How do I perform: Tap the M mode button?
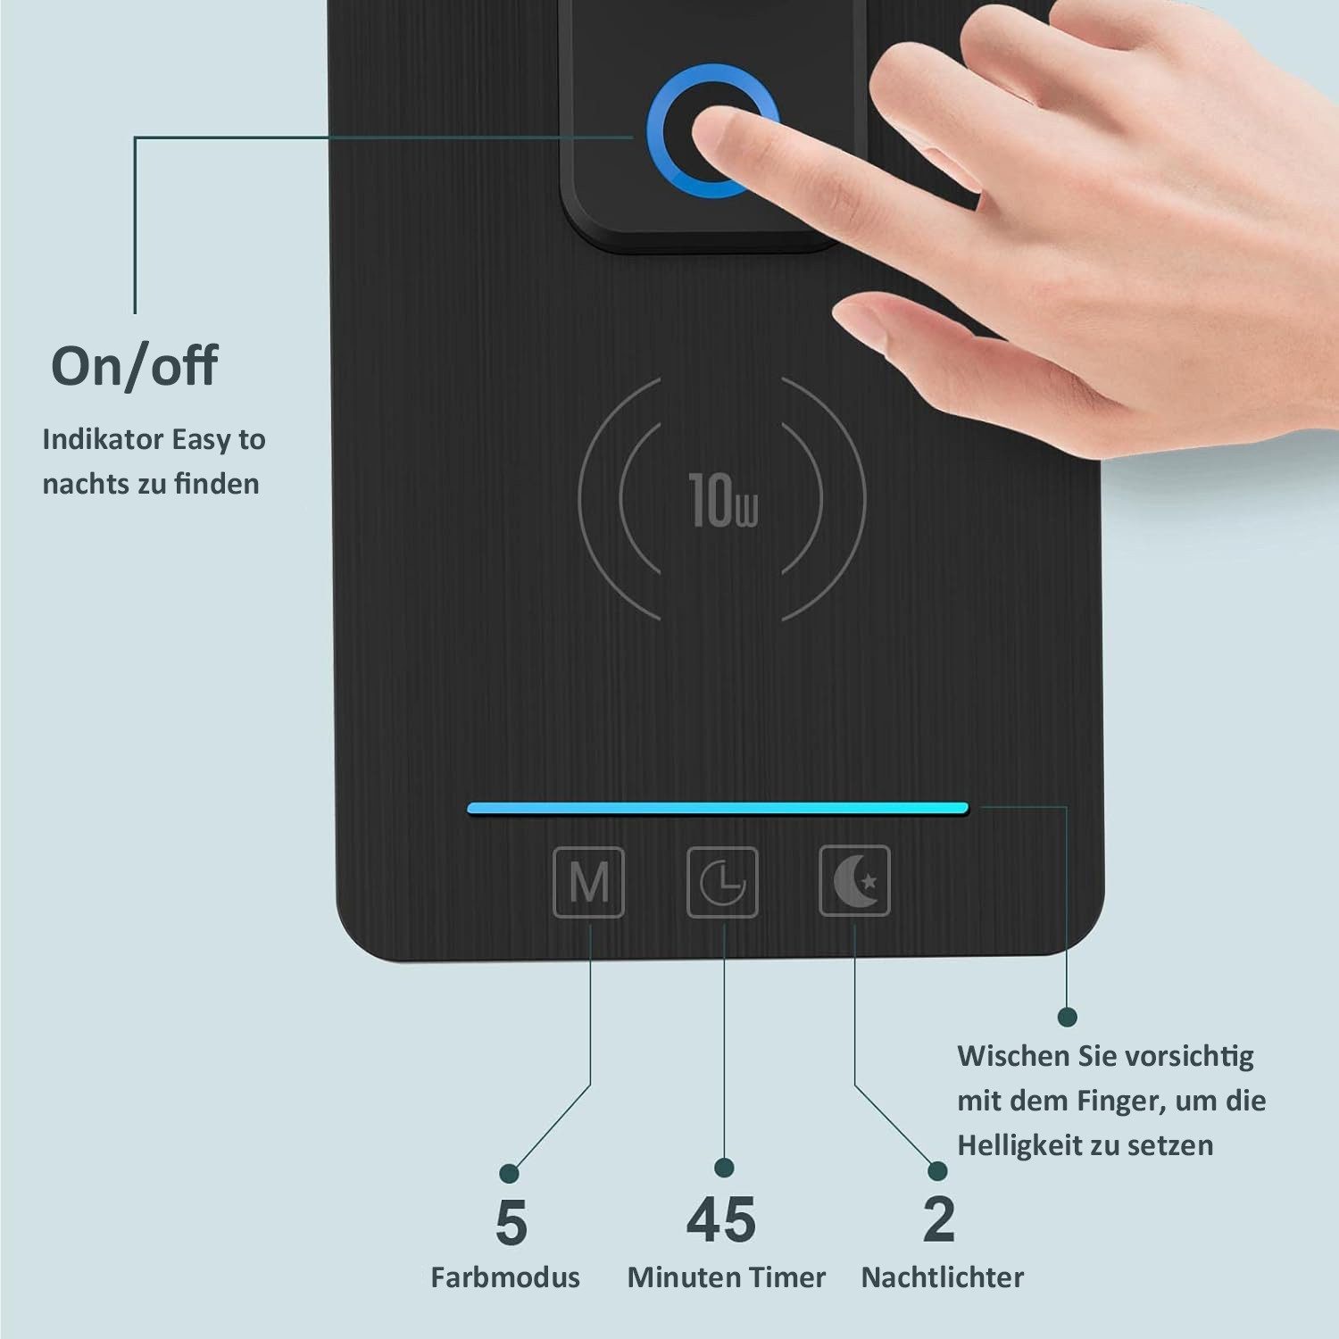point(588,882)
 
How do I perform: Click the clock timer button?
point(722,882)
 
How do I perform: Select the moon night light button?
point(855,881)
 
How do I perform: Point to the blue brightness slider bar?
point(718,809)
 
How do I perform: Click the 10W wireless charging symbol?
point(722,499)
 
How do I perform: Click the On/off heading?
point(134,365)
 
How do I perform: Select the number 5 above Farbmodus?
point(511,1222)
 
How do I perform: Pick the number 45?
point(721,1220)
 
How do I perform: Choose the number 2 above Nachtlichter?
point(939,1219)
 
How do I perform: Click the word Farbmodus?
point(505,1277)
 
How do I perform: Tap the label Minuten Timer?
point(727,1277)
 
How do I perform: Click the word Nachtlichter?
point(943,1277)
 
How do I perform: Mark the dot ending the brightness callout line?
point(1067,1017)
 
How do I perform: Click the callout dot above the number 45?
point(725,1168)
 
